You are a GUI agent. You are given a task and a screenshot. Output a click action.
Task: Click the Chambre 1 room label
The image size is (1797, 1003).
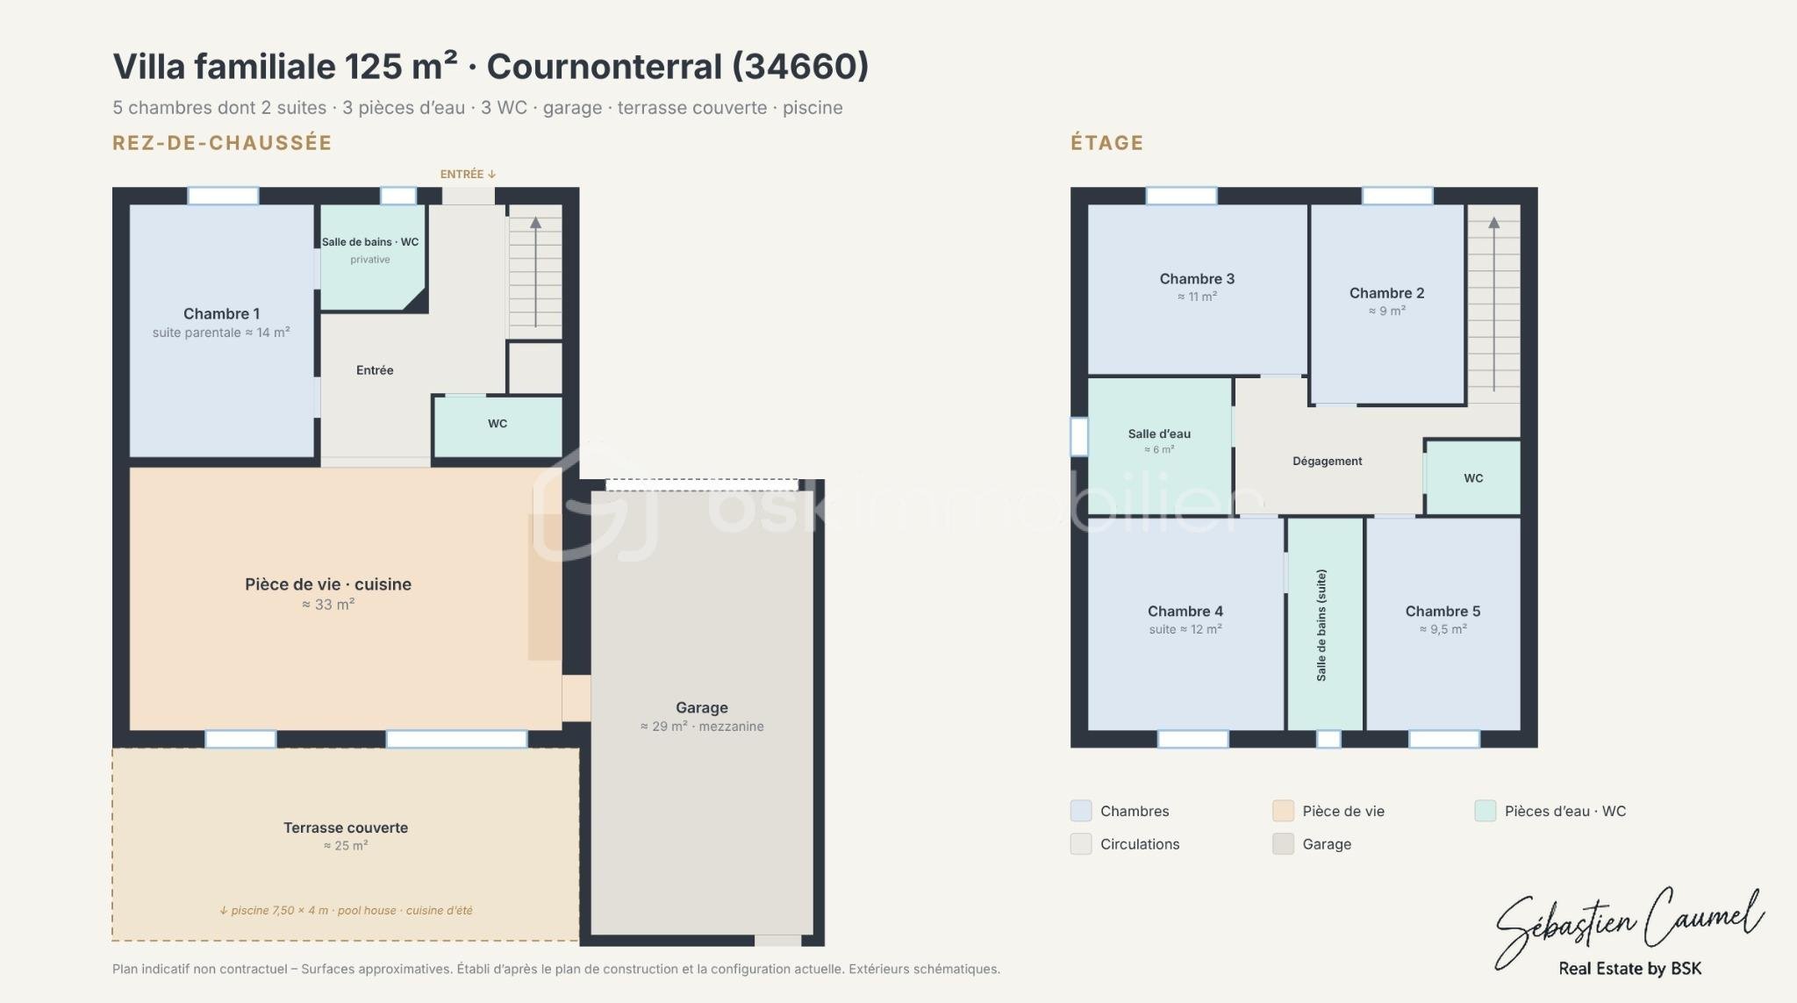[x=221, y=314]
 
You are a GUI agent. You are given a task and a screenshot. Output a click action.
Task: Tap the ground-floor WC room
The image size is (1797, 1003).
[x=498, y=426]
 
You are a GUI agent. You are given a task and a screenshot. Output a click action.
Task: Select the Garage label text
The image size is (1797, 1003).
[x=702, y=707]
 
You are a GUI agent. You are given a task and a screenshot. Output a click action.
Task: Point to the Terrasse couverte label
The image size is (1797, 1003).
[x=346, y=827]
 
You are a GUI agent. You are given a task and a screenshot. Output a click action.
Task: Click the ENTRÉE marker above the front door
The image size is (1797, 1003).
[x=468, y=174]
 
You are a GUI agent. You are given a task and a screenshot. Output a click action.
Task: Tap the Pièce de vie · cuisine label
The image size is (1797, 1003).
[x=328, y=584]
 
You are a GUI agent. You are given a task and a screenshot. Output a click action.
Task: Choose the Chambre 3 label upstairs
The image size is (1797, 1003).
[x=1197, y=279]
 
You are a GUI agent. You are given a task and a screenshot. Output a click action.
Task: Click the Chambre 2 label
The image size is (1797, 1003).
[x=1386, y=293]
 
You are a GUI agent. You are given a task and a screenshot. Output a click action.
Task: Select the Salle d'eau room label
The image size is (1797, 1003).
[x=1159, y=433]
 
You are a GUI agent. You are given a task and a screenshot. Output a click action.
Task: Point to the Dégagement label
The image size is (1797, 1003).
[x=1327, y=461]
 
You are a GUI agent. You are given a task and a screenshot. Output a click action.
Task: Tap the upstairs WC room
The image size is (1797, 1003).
[x=1473, y=477]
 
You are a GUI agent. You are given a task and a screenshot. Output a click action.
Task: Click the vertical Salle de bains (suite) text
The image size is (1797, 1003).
[x=1321, y=625]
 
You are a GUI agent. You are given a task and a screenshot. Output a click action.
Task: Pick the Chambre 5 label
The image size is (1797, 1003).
[x=1443, y=612]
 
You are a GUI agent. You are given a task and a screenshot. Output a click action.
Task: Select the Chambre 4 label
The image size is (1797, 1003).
[x=1185, y=612]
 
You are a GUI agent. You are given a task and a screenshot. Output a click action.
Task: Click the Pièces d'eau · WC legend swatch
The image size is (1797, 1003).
[x=1485, y=811]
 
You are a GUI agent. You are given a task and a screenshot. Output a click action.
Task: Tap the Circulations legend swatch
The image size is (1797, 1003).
[x=1081, y=844]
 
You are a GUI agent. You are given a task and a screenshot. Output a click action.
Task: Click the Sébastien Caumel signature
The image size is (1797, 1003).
[x=1629, y=925]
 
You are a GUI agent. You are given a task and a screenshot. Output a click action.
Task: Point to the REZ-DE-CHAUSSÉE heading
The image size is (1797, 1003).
[x=222, y=143]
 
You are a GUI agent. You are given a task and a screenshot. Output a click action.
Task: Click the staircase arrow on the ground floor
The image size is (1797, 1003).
[x=535, y=272]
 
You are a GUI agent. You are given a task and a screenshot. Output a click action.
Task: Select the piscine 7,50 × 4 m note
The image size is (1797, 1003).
[x=275, y=911]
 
